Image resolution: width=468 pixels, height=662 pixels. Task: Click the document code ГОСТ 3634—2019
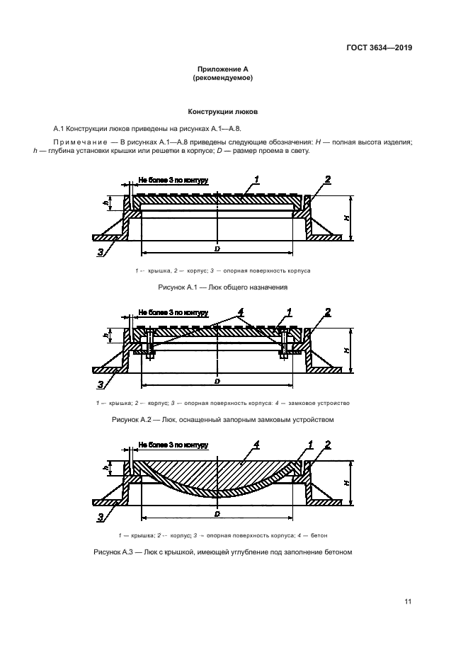tap(379, 48)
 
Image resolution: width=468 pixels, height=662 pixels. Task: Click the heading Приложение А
tap(222, 69)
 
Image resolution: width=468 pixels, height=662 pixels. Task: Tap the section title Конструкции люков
tap(222, 112)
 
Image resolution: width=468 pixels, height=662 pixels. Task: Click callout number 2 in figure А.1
tap(327, 178)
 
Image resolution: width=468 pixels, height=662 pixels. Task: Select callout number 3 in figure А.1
tap(101, 251)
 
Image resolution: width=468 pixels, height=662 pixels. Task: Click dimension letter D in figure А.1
tap(217, 248)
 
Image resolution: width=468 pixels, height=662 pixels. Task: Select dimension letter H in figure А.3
tap(348, 482)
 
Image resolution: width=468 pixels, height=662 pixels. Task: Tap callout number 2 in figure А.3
tap(327, 444)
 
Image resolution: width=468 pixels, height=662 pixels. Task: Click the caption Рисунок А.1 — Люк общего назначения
tap(222, 288)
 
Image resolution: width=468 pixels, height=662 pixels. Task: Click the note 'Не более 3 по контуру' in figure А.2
tap(172, 312)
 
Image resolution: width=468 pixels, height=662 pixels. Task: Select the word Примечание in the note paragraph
tap(82, 142)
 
